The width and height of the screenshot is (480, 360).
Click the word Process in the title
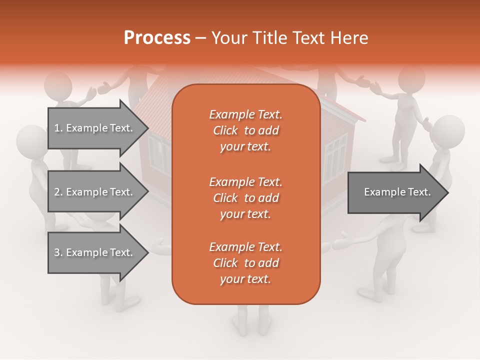click(x=157, y=38)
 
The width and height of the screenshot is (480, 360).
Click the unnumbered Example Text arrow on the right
click(x=397, y=192)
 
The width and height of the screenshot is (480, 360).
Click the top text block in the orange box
click(x=245, y=130)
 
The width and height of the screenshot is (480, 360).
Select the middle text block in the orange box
click(x=245, y=197)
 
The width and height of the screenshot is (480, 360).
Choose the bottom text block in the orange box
click(x=245, y=263)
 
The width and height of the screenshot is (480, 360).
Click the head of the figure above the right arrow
click(x=447, y=131)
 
